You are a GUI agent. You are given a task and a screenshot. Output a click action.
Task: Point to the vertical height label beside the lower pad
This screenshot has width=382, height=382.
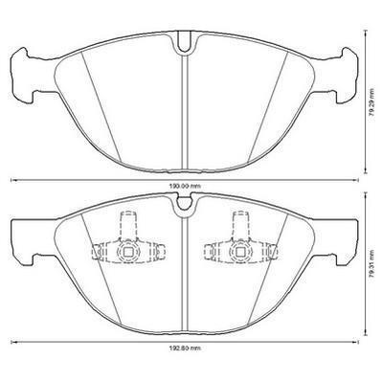click(371, 267)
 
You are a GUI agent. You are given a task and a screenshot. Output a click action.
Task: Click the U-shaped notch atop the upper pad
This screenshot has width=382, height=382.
click(184, 42)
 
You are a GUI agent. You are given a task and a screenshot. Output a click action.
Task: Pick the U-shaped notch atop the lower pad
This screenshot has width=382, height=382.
click(184, 204)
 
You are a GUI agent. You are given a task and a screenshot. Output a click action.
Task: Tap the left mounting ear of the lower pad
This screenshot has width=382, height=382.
click(23, 242)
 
